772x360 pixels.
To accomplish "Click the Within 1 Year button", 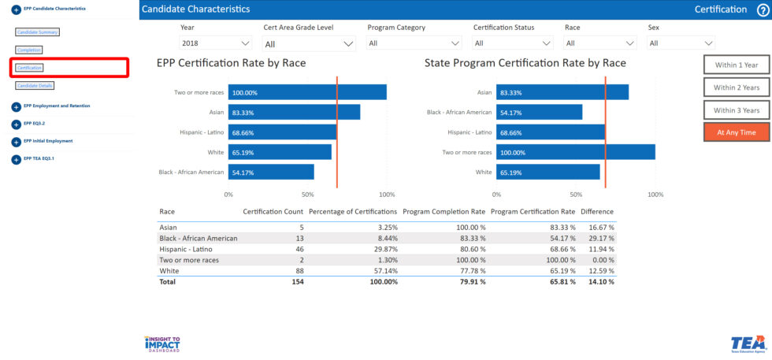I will pyautogui.click(x=737, y=65).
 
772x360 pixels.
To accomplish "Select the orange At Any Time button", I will pyautogui.click(x=737, y=132).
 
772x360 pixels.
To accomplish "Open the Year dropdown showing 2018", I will pyautogui.click(x=215, y=43).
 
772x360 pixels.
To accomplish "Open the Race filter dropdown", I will pyautogui.click(x=599, y=43).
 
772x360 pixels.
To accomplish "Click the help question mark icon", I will pyautogui.click(x=762, y=9).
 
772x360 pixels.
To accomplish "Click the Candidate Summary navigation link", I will pyautogui.click(x=38, y=32).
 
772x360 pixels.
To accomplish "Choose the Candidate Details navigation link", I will pyautogui.click(x=35, y=85).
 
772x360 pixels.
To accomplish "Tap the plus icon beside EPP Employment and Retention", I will pyautogui.click(x=17, y=106).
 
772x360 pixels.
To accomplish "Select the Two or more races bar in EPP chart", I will pyautogui.click(x=307, y=92).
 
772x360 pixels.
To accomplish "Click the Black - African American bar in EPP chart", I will pyautogui.click(x=271, y=172).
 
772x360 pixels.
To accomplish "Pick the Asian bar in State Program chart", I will pyautogui.click(x=562, y=92).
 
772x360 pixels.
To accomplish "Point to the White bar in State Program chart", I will pyautogui.click(x=548, y=172).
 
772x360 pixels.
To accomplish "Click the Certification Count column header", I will pyautogui.click(x=273, y=212).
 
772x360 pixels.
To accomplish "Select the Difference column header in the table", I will pyautogui.click(x=597, y=212).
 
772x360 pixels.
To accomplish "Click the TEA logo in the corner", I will pyautogui.click(x=748, y=343).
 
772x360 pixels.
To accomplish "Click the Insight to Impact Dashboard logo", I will pyautogui.click(x=162, y=343).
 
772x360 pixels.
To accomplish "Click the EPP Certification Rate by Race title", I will pyautogui.click(x=231, y=63).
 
